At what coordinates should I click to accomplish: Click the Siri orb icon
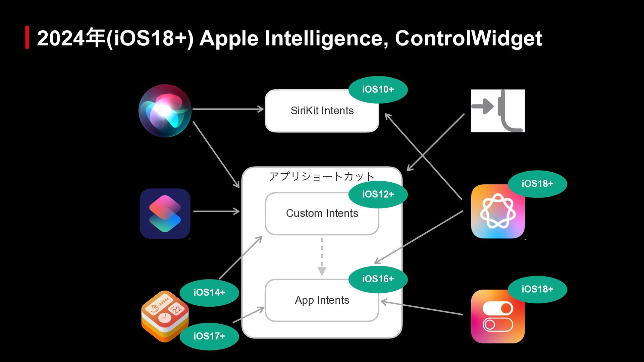tap(165, 111)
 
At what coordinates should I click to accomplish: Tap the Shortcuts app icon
tap(165, 214)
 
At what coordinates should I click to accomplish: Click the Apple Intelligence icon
tap(498, 212)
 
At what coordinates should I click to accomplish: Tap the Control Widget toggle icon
tap(498, 316)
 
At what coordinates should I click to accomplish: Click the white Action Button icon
tap(498, 111)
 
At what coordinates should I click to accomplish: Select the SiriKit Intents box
tap(322, 111)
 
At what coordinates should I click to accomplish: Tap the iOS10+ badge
tap(378, 89)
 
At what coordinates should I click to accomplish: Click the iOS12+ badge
tap(378, 194)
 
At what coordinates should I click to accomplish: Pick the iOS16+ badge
tap(378, 279)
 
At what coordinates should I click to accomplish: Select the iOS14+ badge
tap(209, 293)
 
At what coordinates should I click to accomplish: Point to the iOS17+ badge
tap(209, 336)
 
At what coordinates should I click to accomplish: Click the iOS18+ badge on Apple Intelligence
tap(537, 184)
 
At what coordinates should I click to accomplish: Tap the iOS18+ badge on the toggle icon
tap(537, 289)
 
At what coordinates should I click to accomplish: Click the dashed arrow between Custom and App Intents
tap(322, 256)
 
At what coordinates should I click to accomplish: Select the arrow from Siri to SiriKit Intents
tap(228, 109)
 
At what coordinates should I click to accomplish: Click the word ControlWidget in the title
tap(468, 38)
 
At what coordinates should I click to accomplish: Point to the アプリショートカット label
tap(322, 176)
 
